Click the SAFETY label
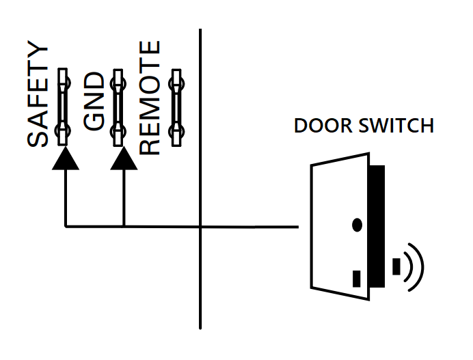pyautogui.click(x=39, y=96)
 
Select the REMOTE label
pyautogui.click(x=150, y=97)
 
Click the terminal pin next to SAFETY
pyautogui.click(x=64, y=106)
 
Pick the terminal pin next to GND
pyautogui.click(x=118, y=106)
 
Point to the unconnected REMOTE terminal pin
pyautogui.click(x=177, y=106)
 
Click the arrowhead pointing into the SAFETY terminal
pyautogui.click(x=65, y=158)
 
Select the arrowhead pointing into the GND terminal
pyautogui.click(x=123, y=158)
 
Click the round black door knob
pyautogui.click(x=357, y=224)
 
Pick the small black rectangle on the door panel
pyautogui.click(x=356, y=278)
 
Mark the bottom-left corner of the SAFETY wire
pyautogui.click(x=66, y=225)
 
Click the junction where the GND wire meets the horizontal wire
pyautogui.click(x=124, y=225)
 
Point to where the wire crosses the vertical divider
pyautogui.click(x=200, y=226)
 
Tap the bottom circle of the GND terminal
pyautogui.click(x=118, y=129)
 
